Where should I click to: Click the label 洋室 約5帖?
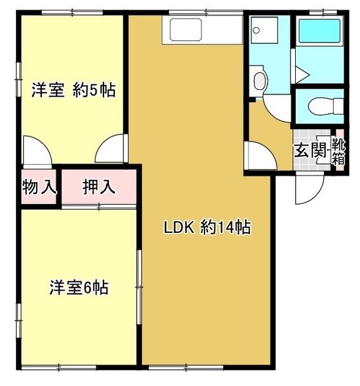coord(73,90)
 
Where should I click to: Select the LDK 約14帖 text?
coord(206,228)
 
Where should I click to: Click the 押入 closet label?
coord(99,187)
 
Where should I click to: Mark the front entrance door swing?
coord(307,188)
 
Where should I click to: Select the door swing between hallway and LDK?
coord(259,154)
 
